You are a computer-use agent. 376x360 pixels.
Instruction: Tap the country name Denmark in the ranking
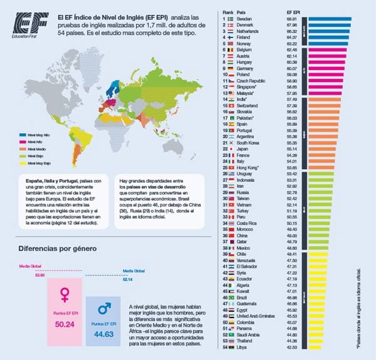click(x=246, y=25)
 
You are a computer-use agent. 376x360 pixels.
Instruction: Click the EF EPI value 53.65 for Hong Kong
click(x=293, y=168)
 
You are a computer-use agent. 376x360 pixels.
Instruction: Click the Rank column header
click(x=227, y=12)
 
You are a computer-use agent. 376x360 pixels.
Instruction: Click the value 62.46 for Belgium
click(x=293, y=49)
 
